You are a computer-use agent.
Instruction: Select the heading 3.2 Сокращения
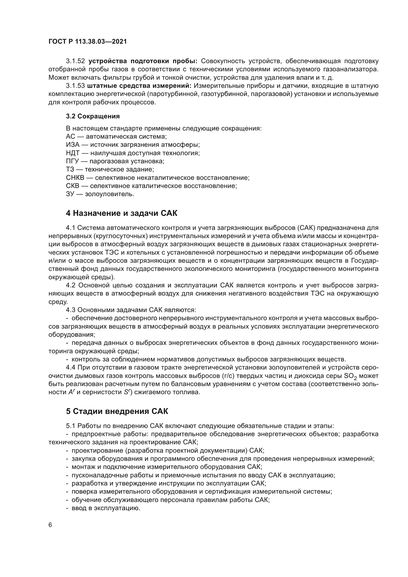[x=93, y=116]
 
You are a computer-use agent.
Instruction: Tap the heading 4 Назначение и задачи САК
[x=121, y=213]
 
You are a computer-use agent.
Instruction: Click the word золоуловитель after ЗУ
[x=109, y=194]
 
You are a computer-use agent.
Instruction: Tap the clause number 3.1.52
[x=75, y=61]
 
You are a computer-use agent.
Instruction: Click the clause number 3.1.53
[x=75, y=86]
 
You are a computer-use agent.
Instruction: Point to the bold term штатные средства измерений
[x=139, y=86]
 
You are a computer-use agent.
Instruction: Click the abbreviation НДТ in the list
[x=73, y=153]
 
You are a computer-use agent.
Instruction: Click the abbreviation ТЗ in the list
[x=70, y=170]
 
